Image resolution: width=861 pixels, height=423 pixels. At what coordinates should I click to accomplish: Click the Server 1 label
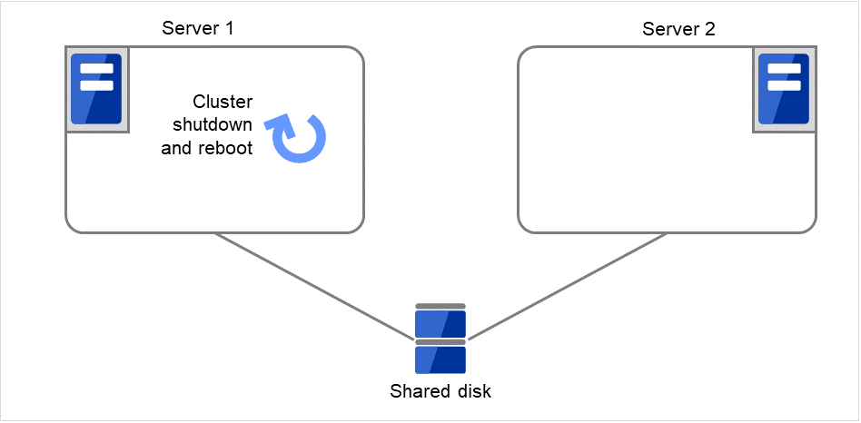point(198,28)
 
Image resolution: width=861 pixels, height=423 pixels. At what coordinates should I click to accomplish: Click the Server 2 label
point(678,28)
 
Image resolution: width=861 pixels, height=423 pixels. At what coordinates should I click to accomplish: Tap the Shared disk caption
point(440,392)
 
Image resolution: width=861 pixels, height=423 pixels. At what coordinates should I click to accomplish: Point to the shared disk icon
point(440,339)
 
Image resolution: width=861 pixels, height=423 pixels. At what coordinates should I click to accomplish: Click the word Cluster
point(223,102)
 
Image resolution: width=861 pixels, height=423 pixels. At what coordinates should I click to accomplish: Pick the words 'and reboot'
point(206,148)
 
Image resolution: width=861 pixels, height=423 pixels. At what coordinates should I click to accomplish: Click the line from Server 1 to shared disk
point(313,286)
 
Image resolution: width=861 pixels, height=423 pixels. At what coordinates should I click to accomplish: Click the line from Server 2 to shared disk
point(568,286)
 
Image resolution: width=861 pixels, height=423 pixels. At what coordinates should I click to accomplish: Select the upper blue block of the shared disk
point(440,323)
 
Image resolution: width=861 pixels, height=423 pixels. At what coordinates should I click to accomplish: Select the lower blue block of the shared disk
point(440,359)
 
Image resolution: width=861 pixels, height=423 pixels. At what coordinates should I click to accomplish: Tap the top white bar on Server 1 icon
point(96,69)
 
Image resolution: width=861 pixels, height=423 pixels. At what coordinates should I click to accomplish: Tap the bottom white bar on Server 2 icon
point(783,85)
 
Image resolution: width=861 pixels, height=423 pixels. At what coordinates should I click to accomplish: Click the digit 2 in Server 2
point(709,28)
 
